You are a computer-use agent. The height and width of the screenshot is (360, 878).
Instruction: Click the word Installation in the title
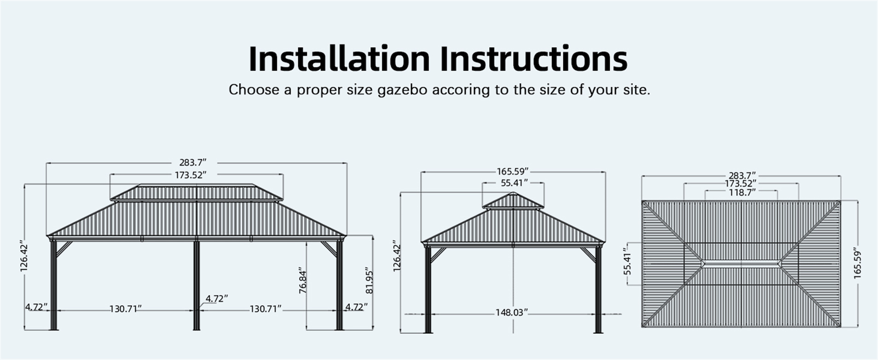tap(339, 58)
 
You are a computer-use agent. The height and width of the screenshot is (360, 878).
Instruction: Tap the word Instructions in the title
tap(533, 58)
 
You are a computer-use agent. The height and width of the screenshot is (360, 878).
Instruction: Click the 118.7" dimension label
tap(741, 192)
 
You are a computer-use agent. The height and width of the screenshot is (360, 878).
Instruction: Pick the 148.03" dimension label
tap(511, 313)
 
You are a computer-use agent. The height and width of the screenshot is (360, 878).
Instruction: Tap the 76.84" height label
tap(303, 280)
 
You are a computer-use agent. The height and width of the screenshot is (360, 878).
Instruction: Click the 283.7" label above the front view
tap(193, 163)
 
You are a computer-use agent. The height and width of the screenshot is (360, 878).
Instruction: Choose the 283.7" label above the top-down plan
tap(742, 175)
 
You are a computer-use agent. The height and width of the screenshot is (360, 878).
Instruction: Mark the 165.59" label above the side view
tap(512, 171)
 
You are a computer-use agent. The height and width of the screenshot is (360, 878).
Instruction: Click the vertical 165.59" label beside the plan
tap(857, 265)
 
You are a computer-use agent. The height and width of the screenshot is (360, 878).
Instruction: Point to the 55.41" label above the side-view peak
tap(514, 183)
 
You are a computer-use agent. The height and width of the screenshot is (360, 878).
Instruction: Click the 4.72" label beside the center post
tap(216, 298)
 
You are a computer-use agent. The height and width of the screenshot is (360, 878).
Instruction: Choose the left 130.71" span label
tap(125, 308)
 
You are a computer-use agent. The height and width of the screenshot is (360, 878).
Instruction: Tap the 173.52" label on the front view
tap(190, 175)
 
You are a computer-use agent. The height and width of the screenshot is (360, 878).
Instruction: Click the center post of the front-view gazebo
tap(196, 285)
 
